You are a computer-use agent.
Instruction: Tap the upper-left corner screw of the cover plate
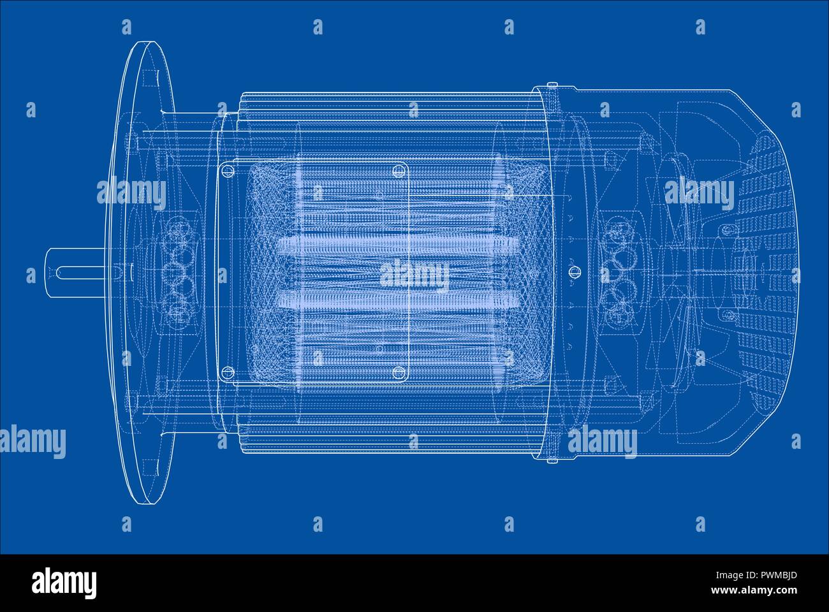[x=227, y=170]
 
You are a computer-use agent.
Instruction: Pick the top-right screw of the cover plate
[x=400, y=170]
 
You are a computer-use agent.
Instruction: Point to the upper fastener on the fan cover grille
[x=726, y=229]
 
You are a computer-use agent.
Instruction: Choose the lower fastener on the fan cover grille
[x=726, y=315]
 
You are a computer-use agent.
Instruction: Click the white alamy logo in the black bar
[x=64, y=581]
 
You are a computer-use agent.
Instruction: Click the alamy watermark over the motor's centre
[x=414, y=274]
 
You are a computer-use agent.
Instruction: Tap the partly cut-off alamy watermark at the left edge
[x=32, y=441]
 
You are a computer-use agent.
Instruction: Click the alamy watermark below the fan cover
[x=603, y=441]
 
